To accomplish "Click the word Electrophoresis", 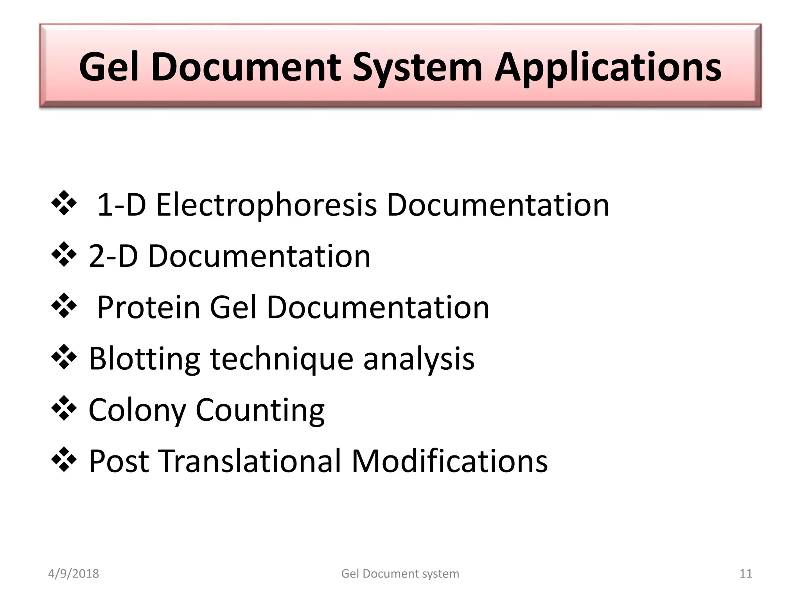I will tap(266, 205).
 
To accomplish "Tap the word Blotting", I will tap(144, 359).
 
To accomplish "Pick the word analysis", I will tap(419, 359).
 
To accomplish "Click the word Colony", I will tap(137, 410).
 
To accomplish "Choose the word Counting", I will tap(260, 410).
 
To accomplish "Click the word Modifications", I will tap(449, 461).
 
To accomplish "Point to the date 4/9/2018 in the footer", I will tap(74, 574).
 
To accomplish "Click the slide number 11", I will tap(746, 574).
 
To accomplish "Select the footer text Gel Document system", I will tap(400, 574).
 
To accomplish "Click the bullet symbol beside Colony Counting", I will tap(64, 408).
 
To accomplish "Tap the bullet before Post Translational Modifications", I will tap(64, 460).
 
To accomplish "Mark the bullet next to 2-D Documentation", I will tap(64, 255).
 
